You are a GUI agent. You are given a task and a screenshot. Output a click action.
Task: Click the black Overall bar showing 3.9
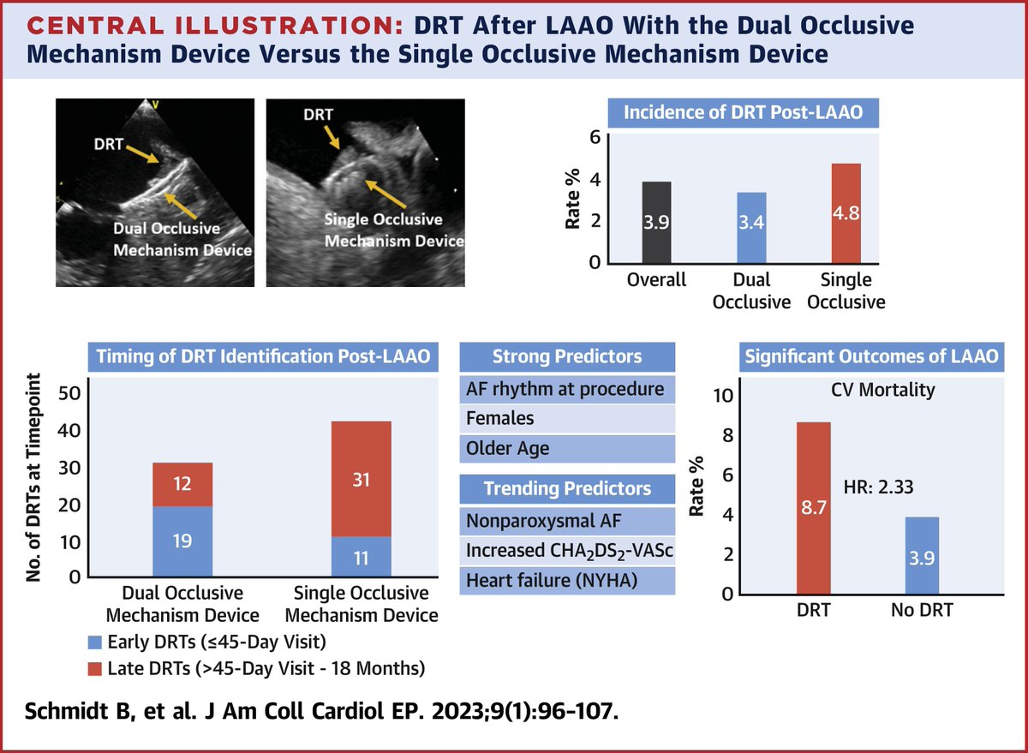click(x=658, y=223)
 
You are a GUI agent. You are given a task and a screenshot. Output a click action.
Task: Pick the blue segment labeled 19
click(x=182, y=541)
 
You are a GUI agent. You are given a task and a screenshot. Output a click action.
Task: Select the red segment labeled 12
click(x=182, y=485)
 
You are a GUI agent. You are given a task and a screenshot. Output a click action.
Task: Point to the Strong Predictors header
click(x=567, y=356)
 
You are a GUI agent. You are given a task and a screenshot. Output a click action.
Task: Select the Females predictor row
click(x=567, y=418)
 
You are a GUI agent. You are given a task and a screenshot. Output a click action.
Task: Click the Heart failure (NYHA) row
click(x=567, y=580)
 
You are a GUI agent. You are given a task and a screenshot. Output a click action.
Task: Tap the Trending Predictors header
click(x=567, y=488)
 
